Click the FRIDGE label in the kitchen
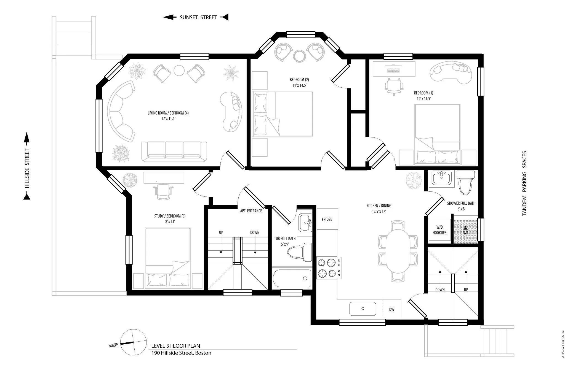327,219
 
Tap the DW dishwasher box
391,309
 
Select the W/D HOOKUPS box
439,230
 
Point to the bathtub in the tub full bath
292,279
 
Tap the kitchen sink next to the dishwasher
363,309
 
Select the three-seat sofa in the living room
174,151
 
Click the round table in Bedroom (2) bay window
299,56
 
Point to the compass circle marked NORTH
134,342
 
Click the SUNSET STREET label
198,17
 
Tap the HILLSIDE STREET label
27,168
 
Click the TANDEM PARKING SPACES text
524,183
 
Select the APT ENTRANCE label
251,211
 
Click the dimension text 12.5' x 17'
379,212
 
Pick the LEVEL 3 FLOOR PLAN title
175,346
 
